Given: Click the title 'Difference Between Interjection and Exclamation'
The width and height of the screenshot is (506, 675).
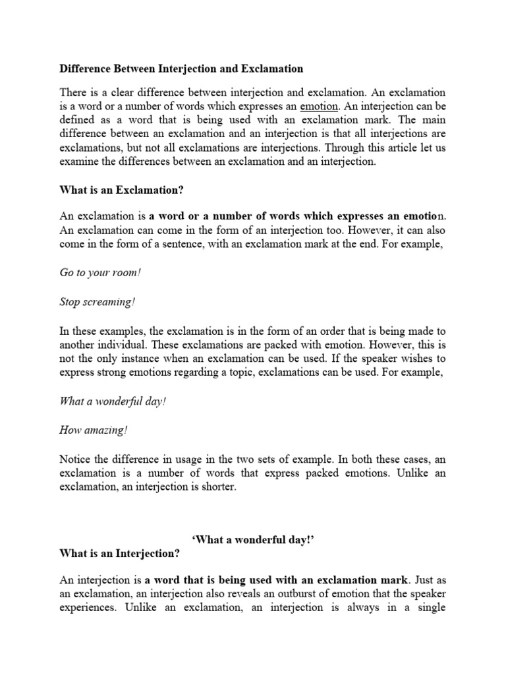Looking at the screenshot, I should coord(181,69).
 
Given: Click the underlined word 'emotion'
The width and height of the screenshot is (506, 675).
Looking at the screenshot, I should coord(319,106).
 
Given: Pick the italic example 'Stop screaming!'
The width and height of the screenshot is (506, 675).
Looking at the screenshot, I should coord(97,302).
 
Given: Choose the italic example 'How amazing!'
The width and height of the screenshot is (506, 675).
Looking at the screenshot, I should coord(94,430).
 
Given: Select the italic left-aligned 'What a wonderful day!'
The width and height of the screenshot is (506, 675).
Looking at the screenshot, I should coord(113,401).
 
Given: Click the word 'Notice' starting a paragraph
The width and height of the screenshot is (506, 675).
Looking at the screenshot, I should coord(76,459).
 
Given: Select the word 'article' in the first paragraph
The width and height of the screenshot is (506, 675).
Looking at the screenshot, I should coord(402,148).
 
